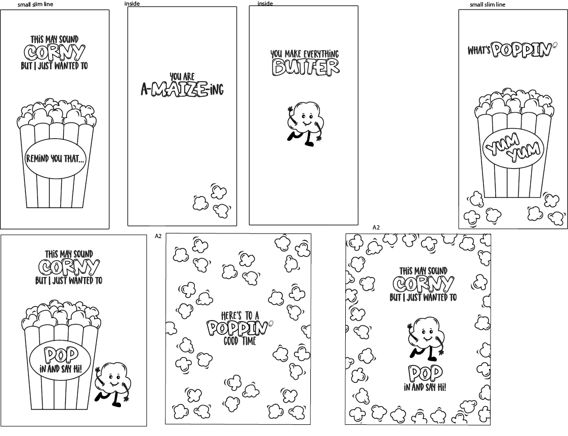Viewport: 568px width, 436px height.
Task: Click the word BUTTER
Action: click(306, 67)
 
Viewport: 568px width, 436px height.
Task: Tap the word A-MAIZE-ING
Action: click(182, 90)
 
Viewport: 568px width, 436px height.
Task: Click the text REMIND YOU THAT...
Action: click(55, 158)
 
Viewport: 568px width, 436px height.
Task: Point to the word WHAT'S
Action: click(479, 50)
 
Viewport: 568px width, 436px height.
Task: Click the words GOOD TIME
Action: click(240, 341)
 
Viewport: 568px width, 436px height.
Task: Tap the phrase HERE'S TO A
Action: click(240, 315)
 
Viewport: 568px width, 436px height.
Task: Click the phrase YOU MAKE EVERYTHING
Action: click(305, 54)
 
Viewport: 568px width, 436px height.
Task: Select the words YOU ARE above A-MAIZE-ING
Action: click(182, 76)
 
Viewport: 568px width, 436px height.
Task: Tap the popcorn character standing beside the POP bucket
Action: click(113, 384)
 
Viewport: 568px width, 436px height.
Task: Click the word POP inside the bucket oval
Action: click(61, 355)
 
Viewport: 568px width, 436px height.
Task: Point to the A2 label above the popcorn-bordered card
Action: click(376, 227)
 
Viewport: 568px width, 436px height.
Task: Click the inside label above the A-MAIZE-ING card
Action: click(132, 4)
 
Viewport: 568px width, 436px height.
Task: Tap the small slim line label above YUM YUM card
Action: click(487, 5)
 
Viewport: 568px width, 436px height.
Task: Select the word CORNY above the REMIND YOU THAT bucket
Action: click(55, 53)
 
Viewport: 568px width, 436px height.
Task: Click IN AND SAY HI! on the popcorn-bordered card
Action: click(425, 387)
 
